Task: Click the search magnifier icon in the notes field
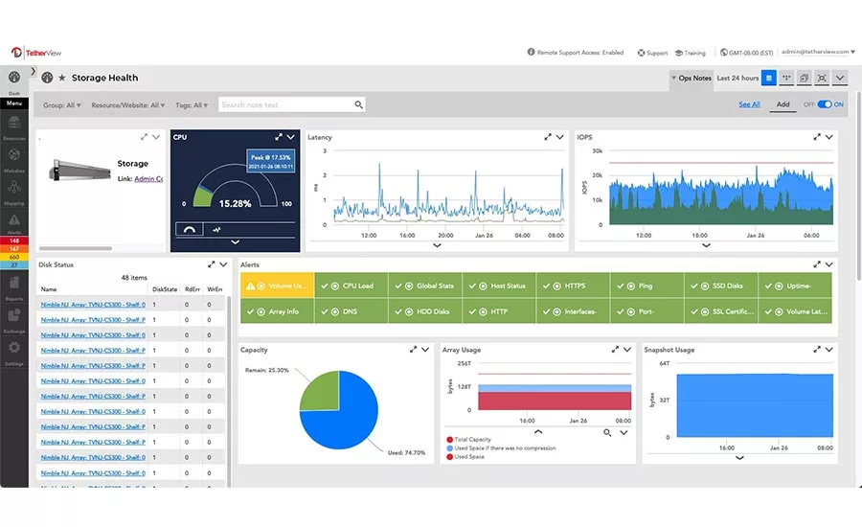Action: point(358,105)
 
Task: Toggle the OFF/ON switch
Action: point(824,104)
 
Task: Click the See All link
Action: point(749,104)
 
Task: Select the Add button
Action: point(783,104)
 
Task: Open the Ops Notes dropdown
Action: point(692,78)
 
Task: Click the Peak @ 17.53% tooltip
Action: point(269,160)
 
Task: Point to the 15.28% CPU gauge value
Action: point(235,204)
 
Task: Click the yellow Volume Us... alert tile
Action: point(277,286)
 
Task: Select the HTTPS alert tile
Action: point(574,286)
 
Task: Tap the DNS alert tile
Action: point(351,311)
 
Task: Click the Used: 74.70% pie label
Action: point(405,452)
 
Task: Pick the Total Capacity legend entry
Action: point(473,440)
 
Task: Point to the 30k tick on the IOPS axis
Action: point(597,151)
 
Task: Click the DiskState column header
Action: point(165,289)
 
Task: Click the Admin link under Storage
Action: point(147,178)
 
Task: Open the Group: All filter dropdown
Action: point(62,105)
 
